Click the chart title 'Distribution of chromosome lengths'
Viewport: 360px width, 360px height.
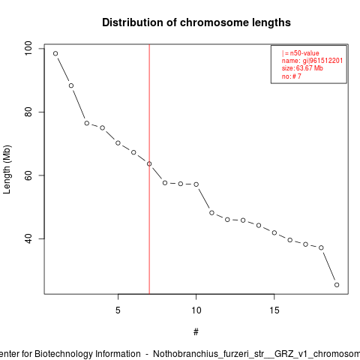196,22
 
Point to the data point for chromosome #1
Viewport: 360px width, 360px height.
55,53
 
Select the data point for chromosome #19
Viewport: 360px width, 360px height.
337,285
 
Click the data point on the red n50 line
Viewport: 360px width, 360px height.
149,163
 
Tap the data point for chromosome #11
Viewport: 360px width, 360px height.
211,213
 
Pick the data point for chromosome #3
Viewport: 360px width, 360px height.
87,123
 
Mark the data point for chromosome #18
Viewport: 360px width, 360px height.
321,247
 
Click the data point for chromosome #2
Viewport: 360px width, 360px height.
71,85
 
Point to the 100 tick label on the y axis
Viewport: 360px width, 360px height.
28,49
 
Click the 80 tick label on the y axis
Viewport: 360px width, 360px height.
28,112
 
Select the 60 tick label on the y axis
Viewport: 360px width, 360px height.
28,175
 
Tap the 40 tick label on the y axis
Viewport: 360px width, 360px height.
28,238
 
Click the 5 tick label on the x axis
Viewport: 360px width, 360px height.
118,310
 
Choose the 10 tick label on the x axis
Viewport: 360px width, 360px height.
196,310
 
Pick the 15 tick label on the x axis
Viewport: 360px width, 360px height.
274,310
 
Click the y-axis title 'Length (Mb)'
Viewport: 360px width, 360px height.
7,169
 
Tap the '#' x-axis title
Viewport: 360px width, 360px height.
196,332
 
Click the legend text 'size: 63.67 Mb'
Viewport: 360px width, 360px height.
302,68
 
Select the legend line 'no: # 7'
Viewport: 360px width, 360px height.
292,76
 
